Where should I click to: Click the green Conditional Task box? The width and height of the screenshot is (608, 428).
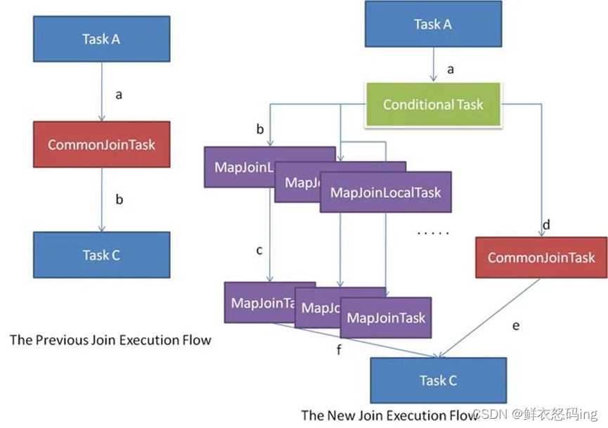coord(433,105)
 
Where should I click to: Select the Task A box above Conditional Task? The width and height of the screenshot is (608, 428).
coord(432,25)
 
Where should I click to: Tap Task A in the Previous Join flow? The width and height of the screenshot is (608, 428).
coord(101,39)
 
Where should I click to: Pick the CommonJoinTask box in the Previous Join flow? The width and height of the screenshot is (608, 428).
coord(101,145)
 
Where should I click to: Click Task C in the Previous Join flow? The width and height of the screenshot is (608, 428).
coord(101,255)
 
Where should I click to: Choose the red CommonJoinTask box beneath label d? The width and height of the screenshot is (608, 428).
coord(541,258)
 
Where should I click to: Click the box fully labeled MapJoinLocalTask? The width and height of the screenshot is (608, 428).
coord(385,192)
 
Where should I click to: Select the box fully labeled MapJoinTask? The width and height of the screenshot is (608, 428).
coord(386,318)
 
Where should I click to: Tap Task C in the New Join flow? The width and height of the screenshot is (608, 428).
coord(438,380)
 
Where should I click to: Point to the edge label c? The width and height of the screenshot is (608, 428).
coord(259,250)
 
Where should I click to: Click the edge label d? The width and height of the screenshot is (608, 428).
coord(546,226)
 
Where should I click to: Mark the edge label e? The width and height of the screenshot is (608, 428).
coord(517,325)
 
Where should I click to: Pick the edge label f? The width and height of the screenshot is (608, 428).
coord(339,349)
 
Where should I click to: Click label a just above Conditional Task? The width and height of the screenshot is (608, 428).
coord(451,70)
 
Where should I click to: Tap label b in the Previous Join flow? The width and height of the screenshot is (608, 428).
coord(119,200)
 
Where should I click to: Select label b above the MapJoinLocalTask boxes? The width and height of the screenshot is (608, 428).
coord(261,130)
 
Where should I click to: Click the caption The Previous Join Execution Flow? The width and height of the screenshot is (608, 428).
coord(110,340)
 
